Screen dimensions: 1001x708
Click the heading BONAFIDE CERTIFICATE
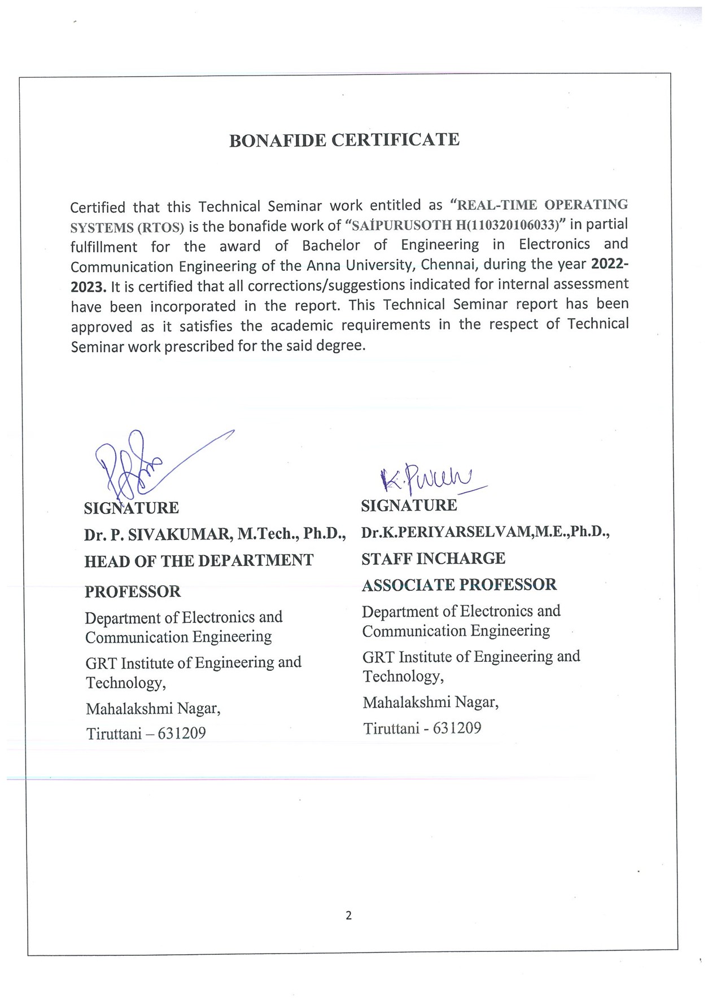point(344,140)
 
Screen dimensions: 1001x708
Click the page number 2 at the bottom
point(348,915)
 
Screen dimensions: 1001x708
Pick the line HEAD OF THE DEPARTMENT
point(199,561)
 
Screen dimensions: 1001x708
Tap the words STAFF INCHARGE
point(433,559)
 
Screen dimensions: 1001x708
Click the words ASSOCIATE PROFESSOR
point(459,585)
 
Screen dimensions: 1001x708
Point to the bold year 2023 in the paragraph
point(88,287)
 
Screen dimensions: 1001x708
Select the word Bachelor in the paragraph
point(331,245)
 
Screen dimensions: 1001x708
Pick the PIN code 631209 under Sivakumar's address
point(182,734)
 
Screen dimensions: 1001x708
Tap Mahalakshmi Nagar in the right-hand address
point(430,703)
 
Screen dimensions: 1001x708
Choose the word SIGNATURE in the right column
point(409,505)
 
